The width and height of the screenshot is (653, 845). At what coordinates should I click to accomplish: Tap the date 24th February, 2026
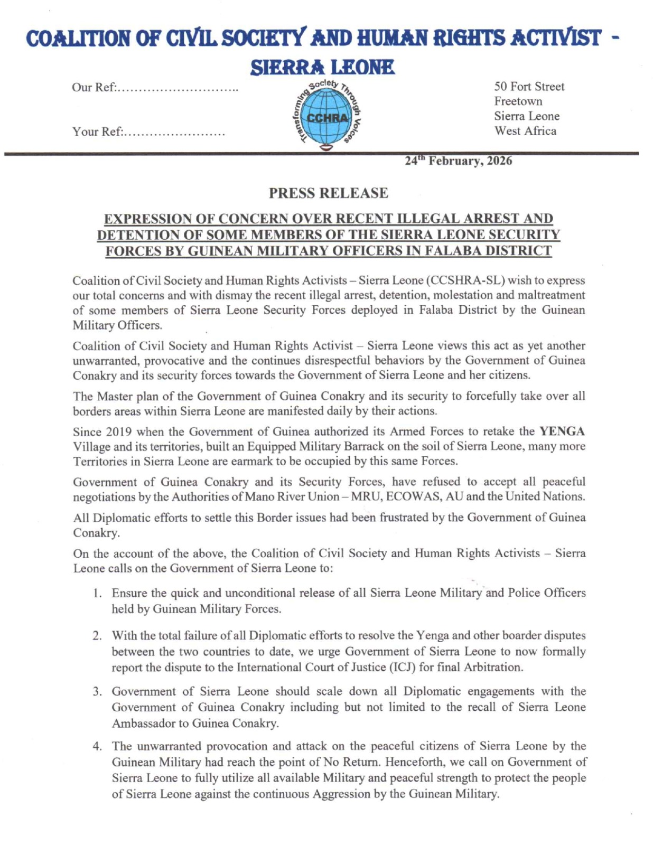pos(458,161)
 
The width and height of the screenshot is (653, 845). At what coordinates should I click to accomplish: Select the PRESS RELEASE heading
pos(328,193)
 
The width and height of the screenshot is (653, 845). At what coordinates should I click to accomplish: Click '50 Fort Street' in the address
pos(529,87)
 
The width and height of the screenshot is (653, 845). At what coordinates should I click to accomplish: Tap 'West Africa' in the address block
pos(525,131)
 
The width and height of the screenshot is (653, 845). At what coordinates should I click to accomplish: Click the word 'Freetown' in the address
pos(518,101)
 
